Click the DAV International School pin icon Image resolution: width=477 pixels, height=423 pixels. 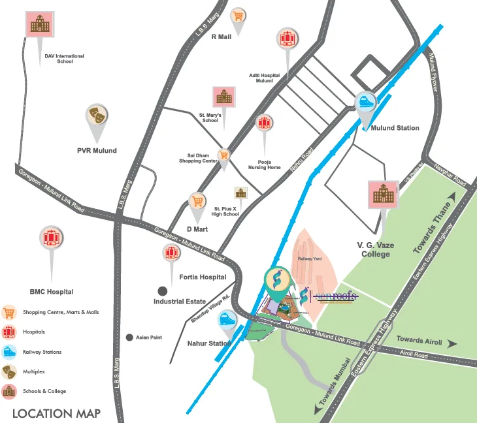(39, 25)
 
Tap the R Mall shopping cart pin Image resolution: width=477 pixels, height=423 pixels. (238, 16)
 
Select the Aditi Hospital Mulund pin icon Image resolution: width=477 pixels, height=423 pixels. (286, 39)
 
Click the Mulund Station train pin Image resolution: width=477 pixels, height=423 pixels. (365, 102)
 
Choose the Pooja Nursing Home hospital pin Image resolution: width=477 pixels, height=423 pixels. (264, 124)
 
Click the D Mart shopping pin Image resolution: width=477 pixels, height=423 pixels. (197, 201)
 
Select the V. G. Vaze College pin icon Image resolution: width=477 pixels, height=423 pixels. (383, 194)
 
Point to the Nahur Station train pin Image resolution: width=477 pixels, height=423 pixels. (227, 320)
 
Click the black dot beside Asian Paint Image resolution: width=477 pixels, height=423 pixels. (129, 337)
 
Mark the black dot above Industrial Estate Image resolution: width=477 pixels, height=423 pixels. (161, 290)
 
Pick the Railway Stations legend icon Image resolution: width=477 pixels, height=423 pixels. (9, 352)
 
